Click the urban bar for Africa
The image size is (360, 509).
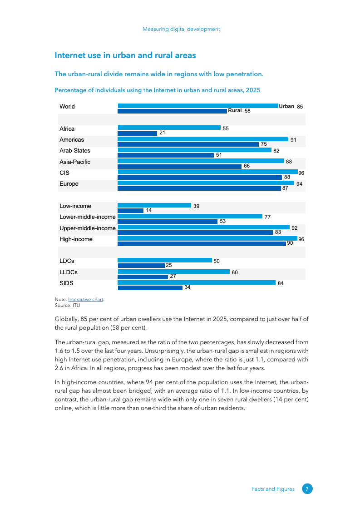(x=169, y=128)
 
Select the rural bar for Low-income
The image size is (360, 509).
(x=131, y=211)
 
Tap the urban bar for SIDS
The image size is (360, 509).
(x=197, y=282)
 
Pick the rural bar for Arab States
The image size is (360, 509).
(x=166, y=155)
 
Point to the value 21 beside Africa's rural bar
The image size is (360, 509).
(x=162, y=133)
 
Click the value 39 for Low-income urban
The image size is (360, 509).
(x=196, y=206)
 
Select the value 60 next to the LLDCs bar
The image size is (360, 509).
(x=235, y=272)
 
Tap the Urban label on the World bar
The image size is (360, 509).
(x=286, y=106)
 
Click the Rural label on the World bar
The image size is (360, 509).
(x=235, y=110)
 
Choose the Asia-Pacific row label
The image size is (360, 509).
(x=75, y=162)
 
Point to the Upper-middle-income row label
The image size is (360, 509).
(x=88, y=228)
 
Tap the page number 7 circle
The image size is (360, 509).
(x=307, y=489)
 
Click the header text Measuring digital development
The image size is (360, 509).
(x=181, y=29)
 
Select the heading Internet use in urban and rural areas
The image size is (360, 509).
(x=125, y=55)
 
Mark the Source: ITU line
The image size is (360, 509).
(x=67, y=306)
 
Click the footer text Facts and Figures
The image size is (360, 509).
(x=273, y=489)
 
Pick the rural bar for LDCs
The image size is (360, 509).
(x=141, y=266)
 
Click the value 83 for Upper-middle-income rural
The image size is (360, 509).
(x=278, y=232)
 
